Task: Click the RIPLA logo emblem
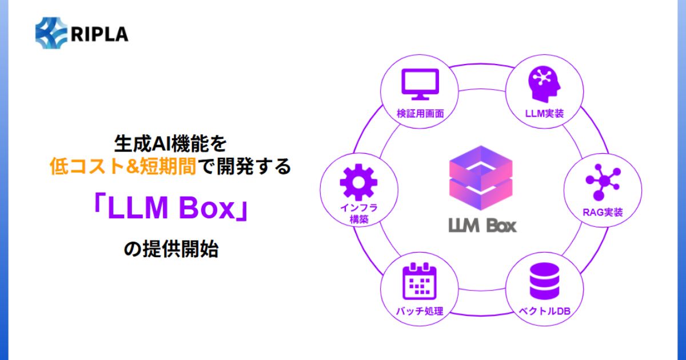[x=51, y=34]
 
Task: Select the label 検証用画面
[x=420, y=113]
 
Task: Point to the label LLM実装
[x=545, y=113]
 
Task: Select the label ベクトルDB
[x=545, y=312]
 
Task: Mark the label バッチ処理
[x=420, y=312]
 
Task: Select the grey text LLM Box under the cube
[x=482, y=224]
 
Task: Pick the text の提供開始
[x=171, y=250]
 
